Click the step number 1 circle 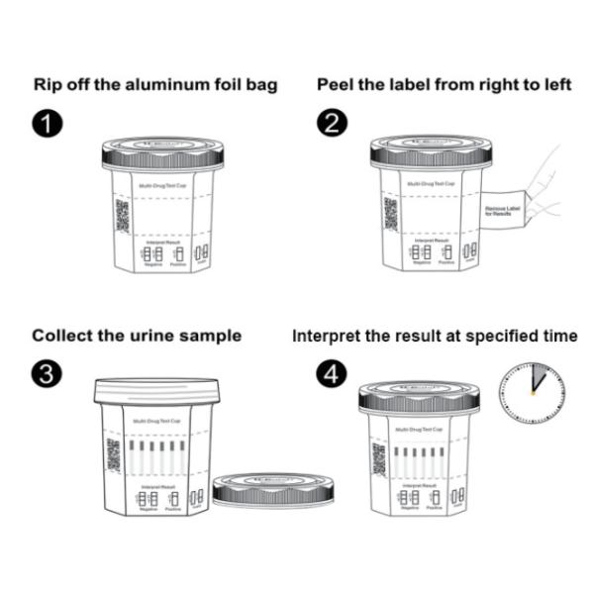tap(48, 125)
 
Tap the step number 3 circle tap(48, 375)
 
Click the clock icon tap(531, 390)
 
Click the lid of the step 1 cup tap(162, 153)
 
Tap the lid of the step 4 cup tap(419, 397)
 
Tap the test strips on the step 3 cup tap(156, 456)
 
